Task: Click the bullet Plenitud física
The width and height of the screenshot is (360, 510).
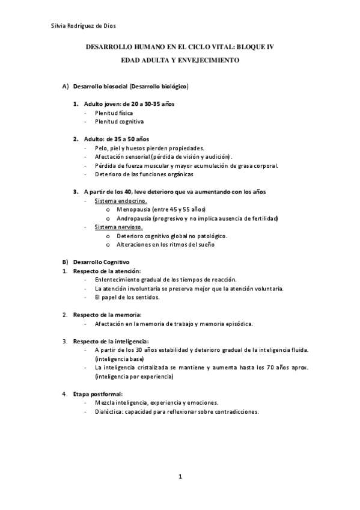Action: pos(114,112)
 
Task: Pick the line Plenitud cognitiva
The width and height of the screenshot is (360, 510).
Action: pos(118,121)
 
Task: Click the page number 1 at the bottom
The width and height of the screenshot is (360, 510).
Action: pos(180,477)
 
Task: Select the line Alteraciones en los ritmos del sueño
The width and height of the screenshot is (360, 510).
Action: pos(165,245)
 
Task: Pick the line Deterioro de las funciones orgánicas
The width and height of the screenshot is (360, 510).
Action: pos(144,174)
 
